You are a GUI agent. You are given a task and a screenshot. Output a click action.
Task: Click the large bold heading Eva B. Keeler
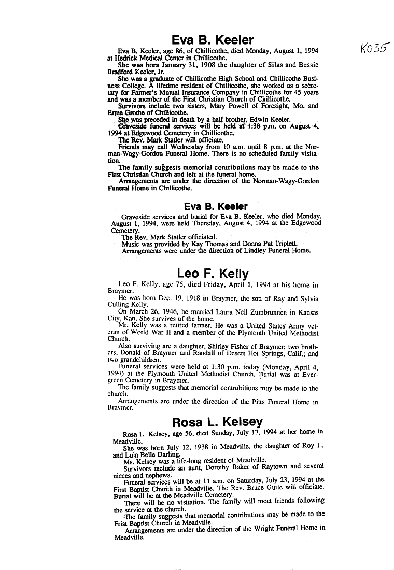tap(212, 40)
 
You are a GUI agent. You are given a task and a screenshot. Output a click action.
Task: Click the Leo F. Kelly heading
tap(213, 273)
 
